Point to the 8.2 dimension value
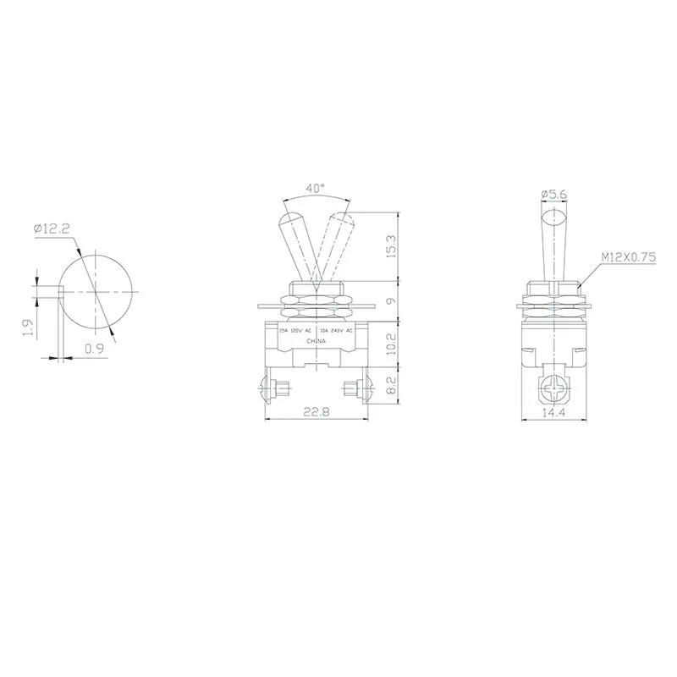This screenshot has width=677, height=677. coord(391,387)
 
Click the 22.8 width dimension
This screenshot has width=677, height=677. coord(316,412)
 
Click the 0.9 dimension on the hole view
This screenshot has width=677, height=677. coord(94,347)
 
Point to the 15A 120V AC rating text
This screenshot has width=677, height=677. coord(295,330)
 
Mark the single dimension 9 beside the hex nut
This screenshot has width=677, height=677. coord(391,301)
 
